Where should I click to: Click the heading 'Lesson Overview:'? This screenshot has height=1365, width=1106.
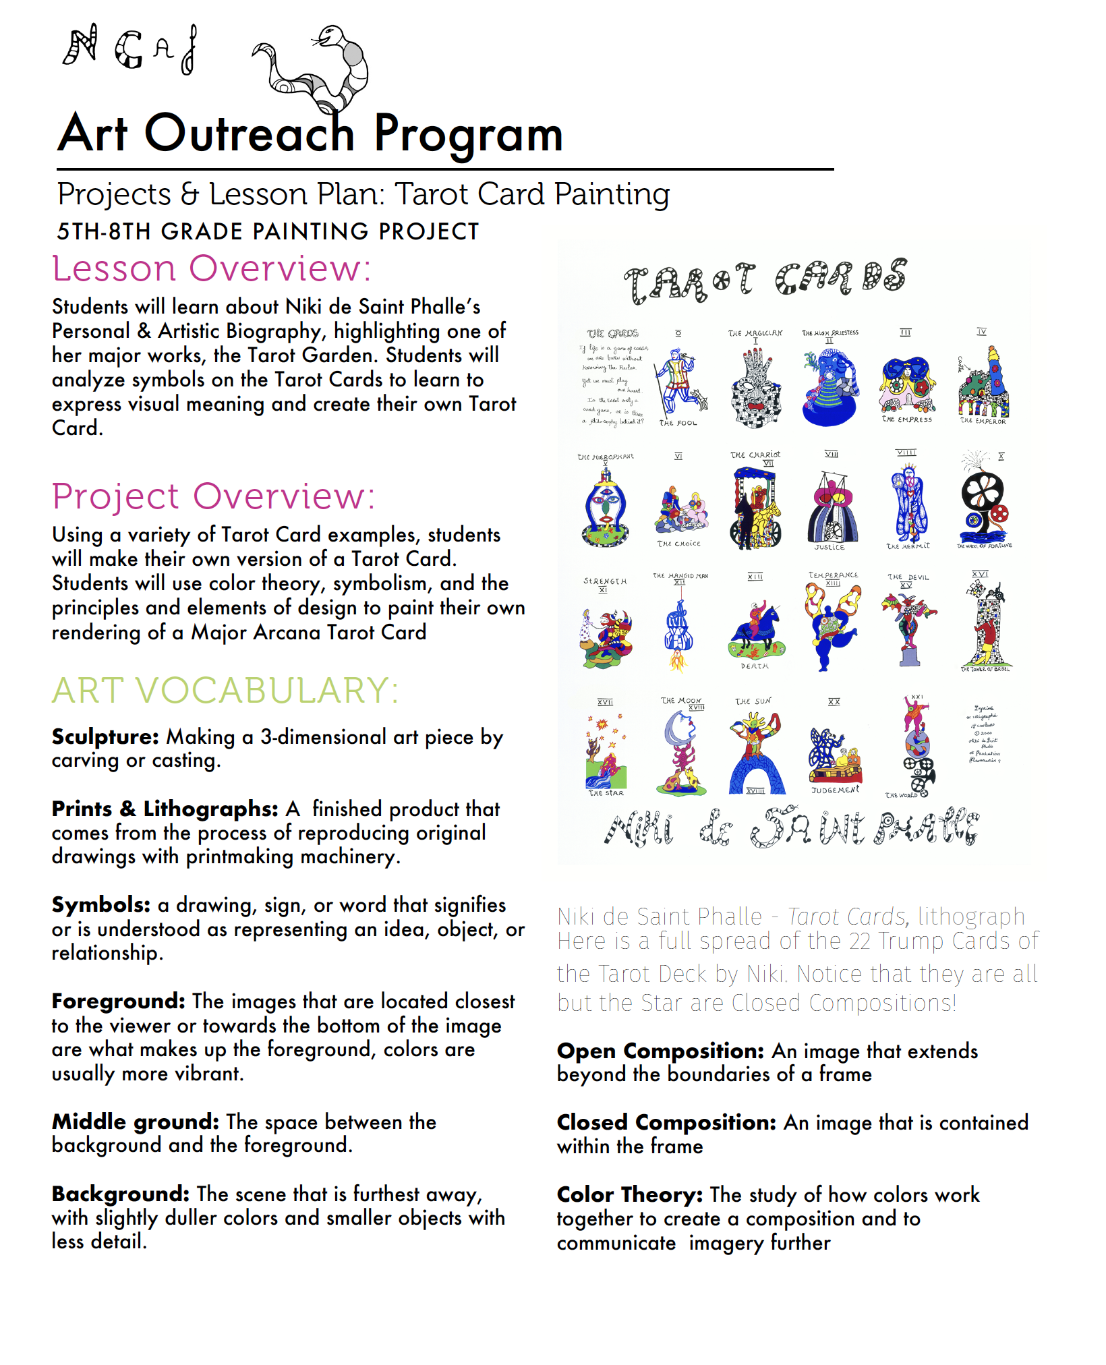[x=211, y=268]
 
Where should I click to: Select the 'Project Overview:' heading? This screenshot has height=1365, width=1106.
[x=213, y=496]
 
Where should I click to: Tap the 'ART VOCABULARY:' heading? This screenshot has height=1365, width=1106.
[x=225, y=691]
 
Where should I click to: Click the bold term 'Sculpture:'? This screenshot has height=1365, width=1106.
[x=105, y=736]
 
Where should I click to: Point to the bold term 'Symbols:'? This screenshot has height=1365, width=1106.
[x=101, y=904]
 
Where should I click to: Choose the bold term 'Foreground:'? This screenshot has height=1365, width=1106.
[x=118, y=1001]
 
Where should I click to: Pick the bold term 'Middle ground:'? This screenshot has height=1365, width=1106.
[x=136, y=1122]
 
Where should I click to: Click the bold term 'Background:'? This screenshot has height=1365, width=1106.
[x=121, y=1194]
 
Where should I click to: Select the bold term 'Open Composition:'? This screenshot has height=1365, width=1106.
[x=660, y=1051]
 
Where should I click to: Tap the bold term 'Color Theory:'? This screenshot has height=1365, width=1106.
[x=630, y=1194]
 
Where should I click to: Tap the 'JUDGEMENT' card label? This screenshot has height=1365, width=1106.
[x=835, y=790]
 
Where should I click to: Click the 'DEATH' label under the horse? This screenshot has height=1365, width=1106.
[x=755, y=666]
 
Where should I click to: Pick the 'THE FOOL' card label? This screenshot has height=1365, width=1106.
[x=678, y=423]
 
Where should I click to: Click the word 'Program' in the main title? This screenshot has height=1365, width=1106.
[x=468, y=133]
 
